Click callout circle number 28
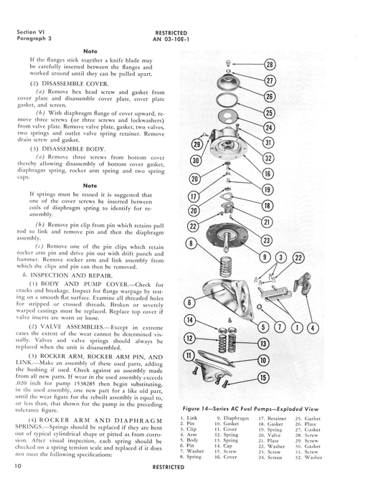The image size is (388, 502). point(270,65)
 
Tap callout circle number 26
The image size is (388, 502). point(269,96)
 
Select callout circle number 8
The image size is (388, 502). point(191,244)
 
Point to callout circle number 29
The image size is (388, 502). point(197,144)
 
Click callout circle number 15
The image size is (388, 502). point(263,378)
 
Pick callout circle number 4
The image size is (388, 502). point(313,328)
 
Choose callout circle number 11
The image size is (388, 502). point(189,356)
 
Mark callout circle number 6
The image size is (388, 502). point(189,303)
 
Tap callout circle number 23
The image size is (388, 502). point(266,240)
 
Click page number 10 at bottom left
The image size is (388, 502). point(18,466)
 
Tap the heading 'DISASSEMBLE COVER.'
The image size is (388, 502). point(75,84)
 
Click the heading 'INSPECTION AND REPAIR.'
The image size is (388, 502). point(72,275)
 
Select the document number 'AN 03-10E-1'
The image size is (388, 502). point(171,39)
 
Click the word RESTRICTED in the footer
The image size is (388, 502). point(169,467)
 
